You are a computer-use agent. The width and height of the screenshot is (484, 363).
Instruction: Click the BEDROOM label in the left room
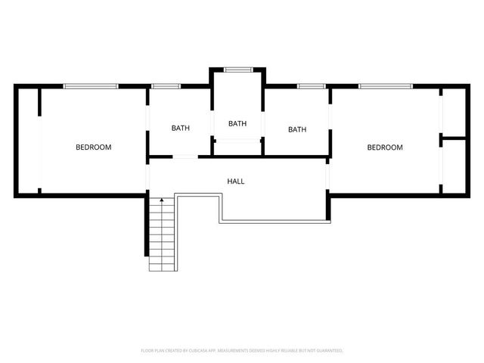[x=93, y=147]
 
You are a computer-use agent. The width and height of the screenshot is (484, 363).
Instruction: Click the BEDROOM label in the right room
[x=384, y=147]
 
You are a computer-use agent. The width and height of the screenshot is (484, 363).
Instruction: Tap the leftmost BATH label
[x=180, y=128]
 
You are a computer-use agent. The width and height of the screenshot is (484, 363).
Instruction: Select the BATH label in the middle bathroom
[x=237, y=123]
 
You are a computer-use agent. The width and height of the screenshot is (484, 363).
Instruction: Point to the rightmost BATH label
[x=297, y=129]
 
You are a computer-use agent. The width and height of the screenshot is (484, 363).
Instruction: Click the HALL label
[x=236, y=181]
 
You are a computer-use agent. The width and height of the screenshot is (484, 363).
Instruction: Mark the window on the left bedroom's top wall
[x=91, y=86]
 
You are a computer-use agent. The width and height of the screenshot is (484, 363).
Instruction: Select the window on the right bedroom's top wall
[x=386, y=86]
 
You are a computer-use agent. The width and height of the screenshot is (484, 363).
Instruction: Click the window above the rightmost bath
[x=309, y=86]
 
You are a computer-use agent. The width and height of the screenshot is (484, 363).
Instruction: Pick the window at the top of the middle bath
[x=237, y=70]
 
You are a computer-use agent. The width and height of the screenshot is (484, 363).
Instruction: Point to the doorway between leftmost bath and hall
[x=184, y=157]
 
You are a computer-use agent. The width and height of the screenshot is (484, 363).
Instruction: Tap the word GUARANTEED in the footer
[x=327, y=351]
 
